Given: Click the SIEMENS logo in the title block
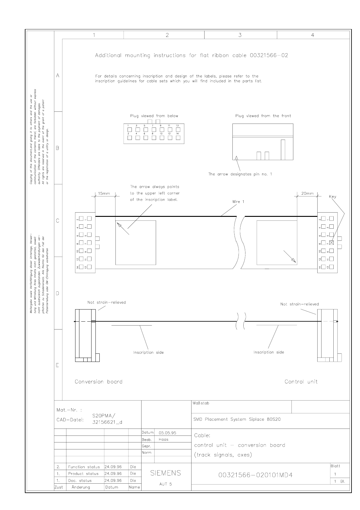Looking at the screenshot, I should point(165,473).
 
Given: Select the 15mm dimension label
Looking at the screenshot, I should point(104,194).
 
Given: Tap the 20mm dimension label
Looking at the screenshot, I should point(307,194).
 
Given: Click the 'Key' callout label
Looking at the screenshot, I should point(332,197).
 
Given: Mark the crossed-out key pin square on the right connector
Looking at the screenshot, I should point(331,243).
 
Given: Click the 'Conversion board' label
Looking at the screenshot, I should point(98,382).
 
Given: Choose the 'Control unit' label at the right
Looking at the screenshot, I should point(301,382).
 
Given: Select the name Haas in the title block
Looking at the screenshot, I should point(163,439).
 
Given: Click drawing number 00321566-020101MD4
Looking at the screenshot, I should point(255,475).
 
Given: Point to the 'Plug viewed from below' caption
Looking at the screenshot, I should point(154,116).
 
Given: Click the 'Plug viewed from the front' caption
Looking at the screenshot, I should point(263,116).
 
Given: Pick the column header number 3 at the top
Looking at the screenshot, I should point(240,35).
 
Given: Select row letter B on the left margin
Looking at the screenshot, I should point(58,148).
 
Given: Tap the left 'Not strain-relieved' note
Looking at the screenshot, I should point(106,302).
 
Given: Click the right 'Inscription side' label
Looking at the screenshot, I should point(269,352).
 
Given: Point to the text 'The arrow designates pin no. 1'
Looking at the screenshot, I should point(240,174).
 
